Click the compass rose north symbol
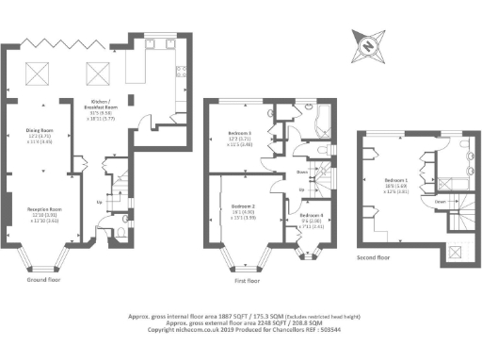click(x=366, y=41)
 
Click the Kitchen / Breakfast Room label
click(x=101, y=104)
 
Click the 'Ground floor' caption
click(x=45, y=279)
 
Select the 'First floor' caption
click(x=247, y=280)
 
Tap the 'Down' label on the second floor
click(x=440, y=200)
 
